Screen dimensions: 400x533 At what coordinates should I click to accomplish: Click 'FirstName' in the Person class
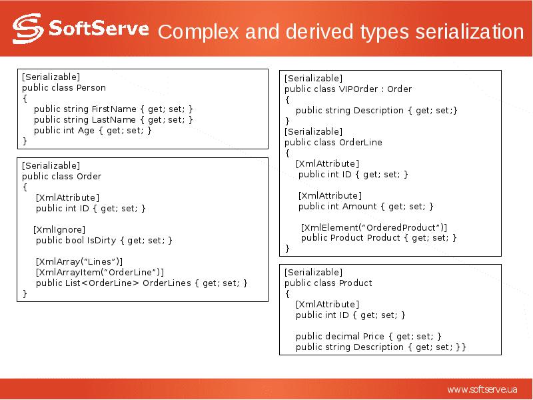pyautogui.click(x=114, y=109)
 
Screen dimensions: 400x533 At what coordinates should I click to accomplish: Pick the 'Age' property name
pyautogui.click(x=87, y=130)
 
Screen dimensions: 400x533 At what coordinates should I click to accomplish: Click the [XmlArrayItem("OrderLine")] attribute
pyautogui.click(x=99, y=272)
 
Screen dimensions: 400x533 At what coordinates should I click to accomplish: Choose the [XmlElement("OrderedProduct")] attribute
pyautogui.click(x=374, y=227)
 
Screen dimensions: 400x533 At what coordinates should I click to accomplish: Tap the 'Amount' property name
pyautogui.click(x=360, y=206)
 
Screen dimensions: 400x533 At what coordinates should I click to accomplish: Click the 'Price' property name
pyautogui.click(x=375, y=336)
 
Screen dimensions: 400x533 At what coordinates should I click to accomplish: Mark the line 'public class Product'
pyautogui.click(x=328, y=283)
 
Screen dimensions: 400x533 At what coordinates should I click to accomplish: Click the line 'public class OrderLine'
pyautogui.click(x=333, y=142)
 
